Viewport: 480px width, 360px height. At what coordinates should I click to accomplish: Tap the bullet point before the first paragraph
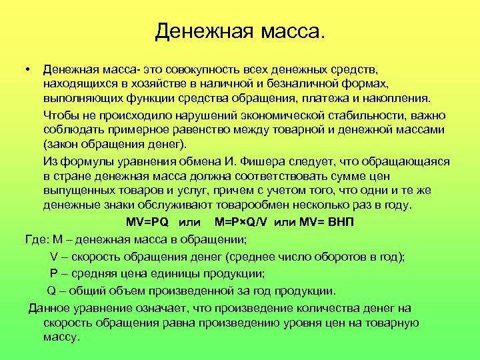click(24, 69)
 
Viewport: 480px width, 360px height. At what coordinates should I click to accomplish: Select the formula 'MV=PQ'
click(147, 222)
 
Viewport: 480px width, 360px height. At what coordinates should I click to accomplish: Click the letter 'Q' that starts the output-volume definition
click(51, 291)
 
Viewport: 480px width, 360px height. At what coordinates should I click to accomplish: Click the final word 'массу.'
click(61, 337)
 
